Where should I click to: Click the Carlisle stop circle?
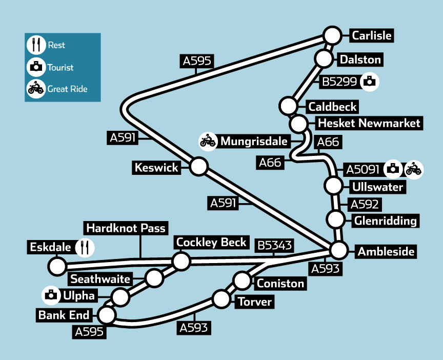coord(332,36)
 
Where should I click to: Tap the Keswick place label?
coord(156,167)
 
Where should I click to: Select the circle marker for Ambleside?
coord(338,251)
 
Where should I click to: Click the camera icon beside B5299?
coord(369,81)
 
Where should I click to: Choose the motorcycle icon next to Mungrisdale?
coord(208,141)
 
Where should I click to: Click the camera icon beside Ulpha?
coord(51,294)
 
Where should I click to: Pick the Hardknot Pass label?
coord(126,227)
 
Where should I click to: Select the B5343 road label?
coord(275,246)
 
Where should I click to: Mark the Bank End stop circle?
coord(107,314)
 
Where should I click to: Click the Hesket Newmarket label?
coord(369,124)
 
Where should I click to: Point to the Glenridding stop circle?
coord(336,219)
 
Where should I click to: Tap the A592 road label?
coord(365,204)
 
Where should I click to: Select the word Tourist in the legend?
coord(61,67)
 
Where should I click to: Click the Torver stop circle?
coord(221,299)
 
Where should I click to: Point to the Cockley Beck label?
coord(212,242)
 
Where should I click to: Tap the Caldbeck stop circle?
coord(289,107)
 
